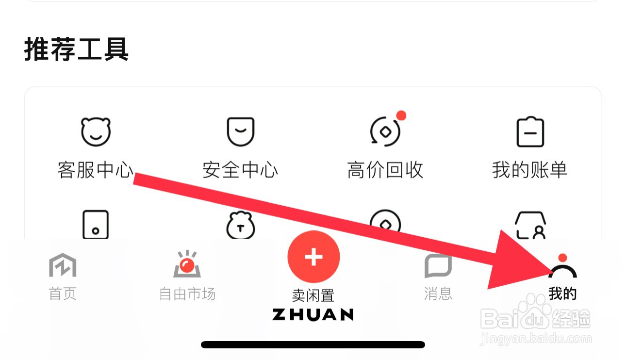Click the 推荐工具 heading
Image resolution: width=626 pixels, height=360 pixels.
click(76, 49)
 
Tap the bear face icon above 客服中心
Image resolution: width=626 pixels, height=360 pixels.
click(96, 132)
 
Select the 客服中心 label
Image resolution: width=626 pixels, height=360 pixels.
click(95, 170)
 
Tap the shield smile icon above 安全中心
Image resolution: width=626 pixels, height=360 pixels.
click(241, 132)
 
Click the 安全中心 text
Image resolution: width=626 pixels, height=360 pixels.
click(240, 170)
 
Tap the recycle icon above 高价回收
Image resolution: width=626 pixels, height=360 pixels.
click(385, 132)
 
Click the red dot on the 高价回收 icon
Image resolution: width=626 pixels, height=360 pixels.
click(401, 115)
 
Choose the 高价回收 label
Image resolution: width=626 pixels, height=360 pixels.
click(385, 170)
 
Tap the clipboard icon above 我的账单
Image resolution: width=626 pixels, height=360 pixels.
click(530, 132)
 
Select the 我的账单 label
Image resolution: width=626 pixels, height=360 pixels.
click(530, 170)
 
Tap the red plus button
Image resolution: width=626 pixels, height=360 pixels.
click(313, 257)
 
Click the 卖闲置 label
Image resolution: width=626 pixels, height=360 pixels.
click(313, 295)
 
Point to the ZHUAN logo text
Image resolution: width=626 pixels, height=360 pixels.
click(313, 314)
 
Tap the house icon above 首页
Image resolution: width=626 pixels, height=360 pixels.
click(63, 265)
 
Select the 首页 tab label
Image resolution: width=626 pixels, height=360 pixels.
click(63, 294)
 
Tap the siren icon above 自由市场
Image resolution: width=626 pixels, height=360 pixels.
click(187, 265)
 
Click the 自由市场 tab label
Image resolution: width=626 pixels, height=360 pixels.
click(187, 294)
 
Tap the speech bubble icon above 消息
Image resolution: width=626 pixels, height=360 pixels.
click(438, 265)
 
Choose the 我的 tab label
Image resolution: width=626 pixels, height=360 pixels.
click(562, 294)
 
